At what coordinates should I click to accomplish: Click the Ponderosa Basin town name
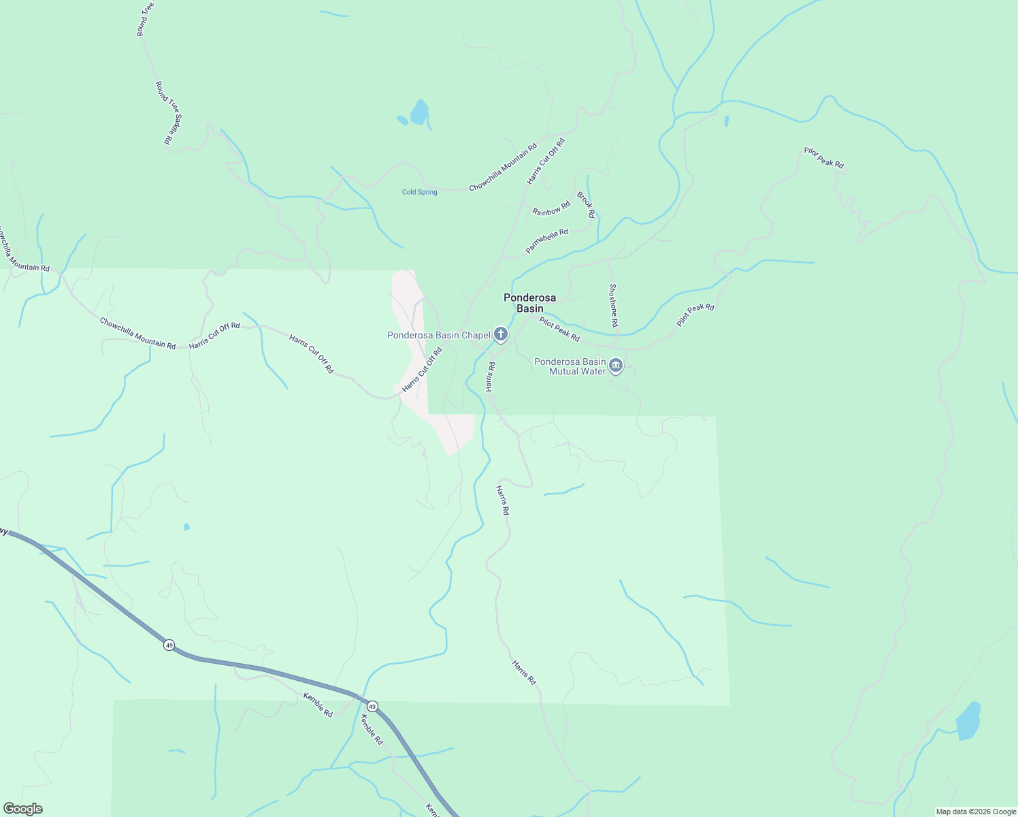coord(529,303)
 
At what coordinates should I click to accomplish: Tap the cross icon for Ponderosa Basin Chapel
coord(501,334)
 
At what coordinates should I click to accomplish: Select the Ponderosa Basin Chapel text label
coord(439,335)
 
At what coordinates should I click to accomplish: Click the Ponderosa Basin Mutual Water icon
coord(616,366)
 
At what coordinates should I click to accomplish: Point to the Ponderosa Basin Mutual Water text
coord(570,366)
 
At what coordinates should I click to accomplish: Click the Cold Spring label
coord(419,192)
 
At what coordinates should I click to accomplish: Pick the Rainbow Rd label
coord(551,208)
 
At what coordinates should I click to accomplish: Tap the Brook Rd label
coord(586,205)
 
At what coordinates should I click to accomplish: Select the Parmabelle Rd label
coord(546,242)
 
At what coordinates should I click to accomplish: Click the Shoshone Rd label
coord(613,305)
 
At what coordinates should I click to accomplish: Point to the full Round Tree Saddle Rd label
coord(169,113)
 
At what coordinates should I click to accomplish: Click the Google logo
coord(23,809)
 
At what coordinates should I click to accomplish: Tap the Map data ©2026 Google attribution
coord(976,812)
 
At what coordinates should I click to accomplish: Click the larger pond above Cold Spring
coord(419,112)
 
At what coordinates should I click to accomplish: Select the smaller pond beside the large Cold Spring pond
coord(402,121)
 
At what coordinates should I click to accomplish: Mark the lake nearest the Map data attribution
coord(968,721)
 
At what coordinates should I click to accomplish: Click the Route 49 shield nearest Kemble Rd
coord(372,705)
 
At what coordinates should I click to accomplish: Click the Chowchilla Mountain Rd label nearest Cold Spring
coord(503,167)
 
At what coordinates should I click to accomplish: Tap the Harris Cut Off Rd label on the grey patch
coord(422,370)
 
